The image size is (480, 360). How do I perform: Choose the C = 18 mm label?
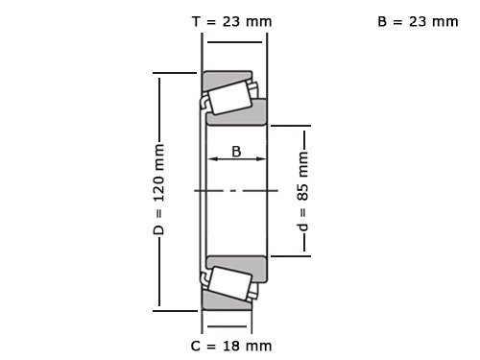pyautogui.click(x=230, y=346)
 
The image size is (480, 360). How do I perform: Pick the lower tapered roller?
pyautogui.click(x=228, y=284)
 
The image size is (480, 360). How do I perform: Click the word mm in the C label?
pyautogui.click(x=258, y=346)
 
